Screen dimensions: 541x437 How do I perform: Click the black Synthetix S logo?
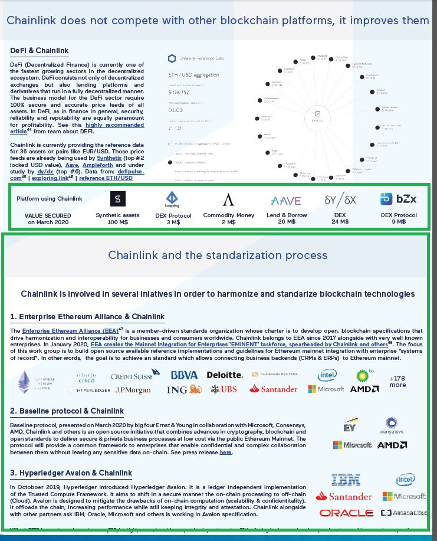(118, 198)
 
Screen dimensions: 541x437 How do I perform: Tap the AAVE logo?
(286, 201)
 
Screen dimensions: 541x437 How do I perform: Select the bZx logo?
(398, 199)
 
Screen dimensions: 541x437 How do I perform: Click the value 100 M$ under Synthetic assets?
(118, 222)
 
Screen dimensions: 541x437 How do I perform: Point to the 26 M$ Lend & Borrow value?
(287, 222)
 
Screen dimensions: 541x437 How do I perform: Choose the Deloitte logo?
(224, 375)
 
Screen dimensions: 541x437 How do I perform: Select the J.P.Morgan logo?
(133, 390)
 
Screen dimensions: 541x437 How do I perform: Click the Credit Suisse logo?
(135, 375)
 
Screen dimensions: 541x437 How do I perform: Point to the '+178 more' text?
(398, 381)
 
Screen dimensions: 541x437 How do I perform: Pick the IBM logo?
(346, 480)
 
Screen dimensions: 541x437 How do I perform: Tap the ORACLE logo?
(346, 513)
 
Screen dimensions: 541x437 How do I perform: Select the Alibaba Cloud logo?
(404, 513)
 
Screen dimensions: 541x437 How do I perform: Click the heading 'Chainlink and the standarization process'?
(218, 255)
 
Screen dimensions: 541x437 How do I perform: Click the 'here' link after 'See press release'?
(225, 453)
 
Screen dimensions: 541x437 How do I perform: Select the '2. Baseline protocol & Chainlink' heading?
(67, 411)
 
